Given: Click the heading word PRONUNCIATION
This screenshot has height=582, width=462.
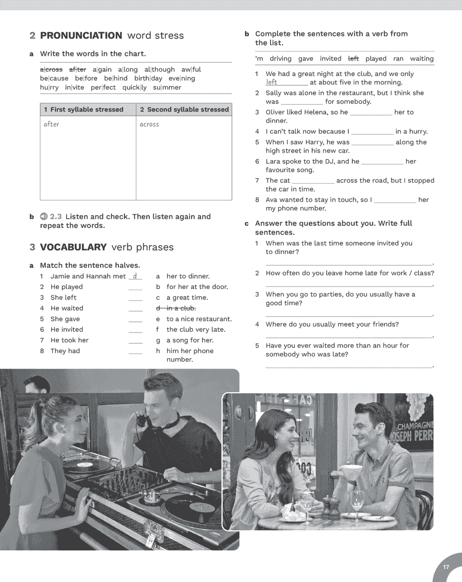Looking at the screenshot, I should [x=81, y=35].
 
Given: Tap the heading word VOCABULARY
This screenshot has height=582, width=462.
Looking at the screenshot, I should [x=73, y=247].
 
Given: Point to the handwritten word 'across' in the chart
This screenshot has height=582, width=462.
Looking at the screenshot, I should [x=149, y=124].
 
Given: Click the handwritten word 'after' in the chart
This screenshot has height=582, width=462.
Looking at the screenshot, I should [x=51, y=124].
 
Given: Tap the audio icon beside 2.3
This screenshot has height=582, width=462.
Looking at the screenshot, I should [x=44, y=216].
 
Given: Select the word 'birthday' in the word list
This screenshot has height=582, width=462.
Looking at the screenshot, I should [x=148, y=78].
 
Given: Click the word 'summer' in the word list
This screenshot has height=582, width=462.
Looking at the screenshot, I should [x=167, y=87].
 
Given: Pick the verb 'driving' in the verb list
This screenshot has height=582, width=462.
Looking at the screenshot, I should [x=280, y=59].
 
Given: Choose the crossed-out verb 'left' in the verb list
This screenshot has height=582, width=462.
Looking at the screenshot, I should [x=353, y=59].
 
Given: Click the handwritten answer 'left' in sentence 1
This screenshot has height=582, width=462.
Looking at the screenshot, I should [x=272, y=82].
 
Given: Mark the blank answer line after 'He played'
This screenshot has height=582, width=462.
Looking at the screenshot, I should [x=135, y=287].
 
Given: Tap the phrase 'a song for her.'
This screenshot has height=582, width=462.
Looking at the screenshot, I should [x=190, y=340].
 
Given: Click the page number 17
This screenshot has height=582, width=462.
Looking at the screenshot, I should [x=446, y=567].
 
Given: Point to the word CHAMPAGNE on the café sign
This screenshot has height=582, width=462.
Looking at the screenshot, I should [x=415, y=426].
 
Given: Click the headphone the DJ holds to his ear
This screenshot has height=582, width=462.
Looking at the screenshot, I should [x=140, y=420].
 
